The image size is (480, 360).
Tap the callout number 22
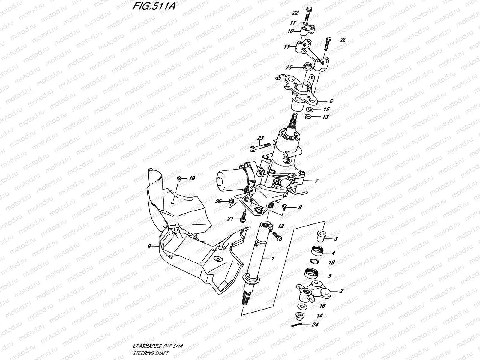(296, 12)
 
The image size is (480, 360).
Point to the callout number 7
(316, 181)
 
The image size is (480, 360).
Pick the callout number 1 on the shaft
(273, 258)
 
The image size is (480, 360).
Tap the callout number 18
(332, 262)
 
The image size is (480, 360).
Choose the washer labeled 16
(301, 306)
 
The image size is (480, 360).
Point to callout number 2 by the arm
(341, 291)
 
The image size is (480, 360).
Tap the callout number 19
(192, 178)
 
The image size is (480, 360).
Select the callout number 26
(218, 201)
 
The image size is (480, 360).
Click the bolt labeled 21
(244, 216)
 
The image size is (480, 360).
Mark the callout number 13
(326, 117)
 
